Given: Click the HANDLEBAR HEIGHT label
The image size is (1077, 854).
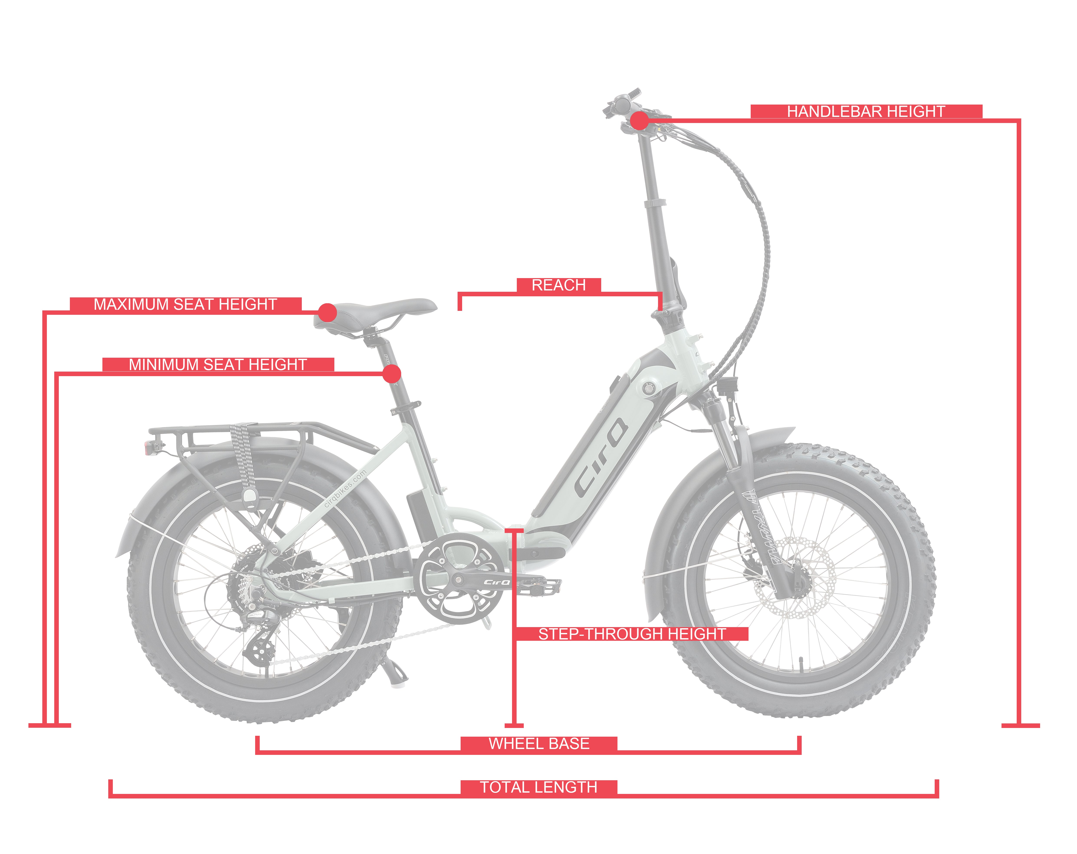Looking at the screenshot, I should click(866, 111).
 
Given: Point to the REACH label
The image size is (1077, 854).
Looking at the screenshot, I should click(558, 285).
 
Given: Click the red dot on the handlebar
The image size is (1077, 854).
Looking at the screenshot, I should click(639, 121).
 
